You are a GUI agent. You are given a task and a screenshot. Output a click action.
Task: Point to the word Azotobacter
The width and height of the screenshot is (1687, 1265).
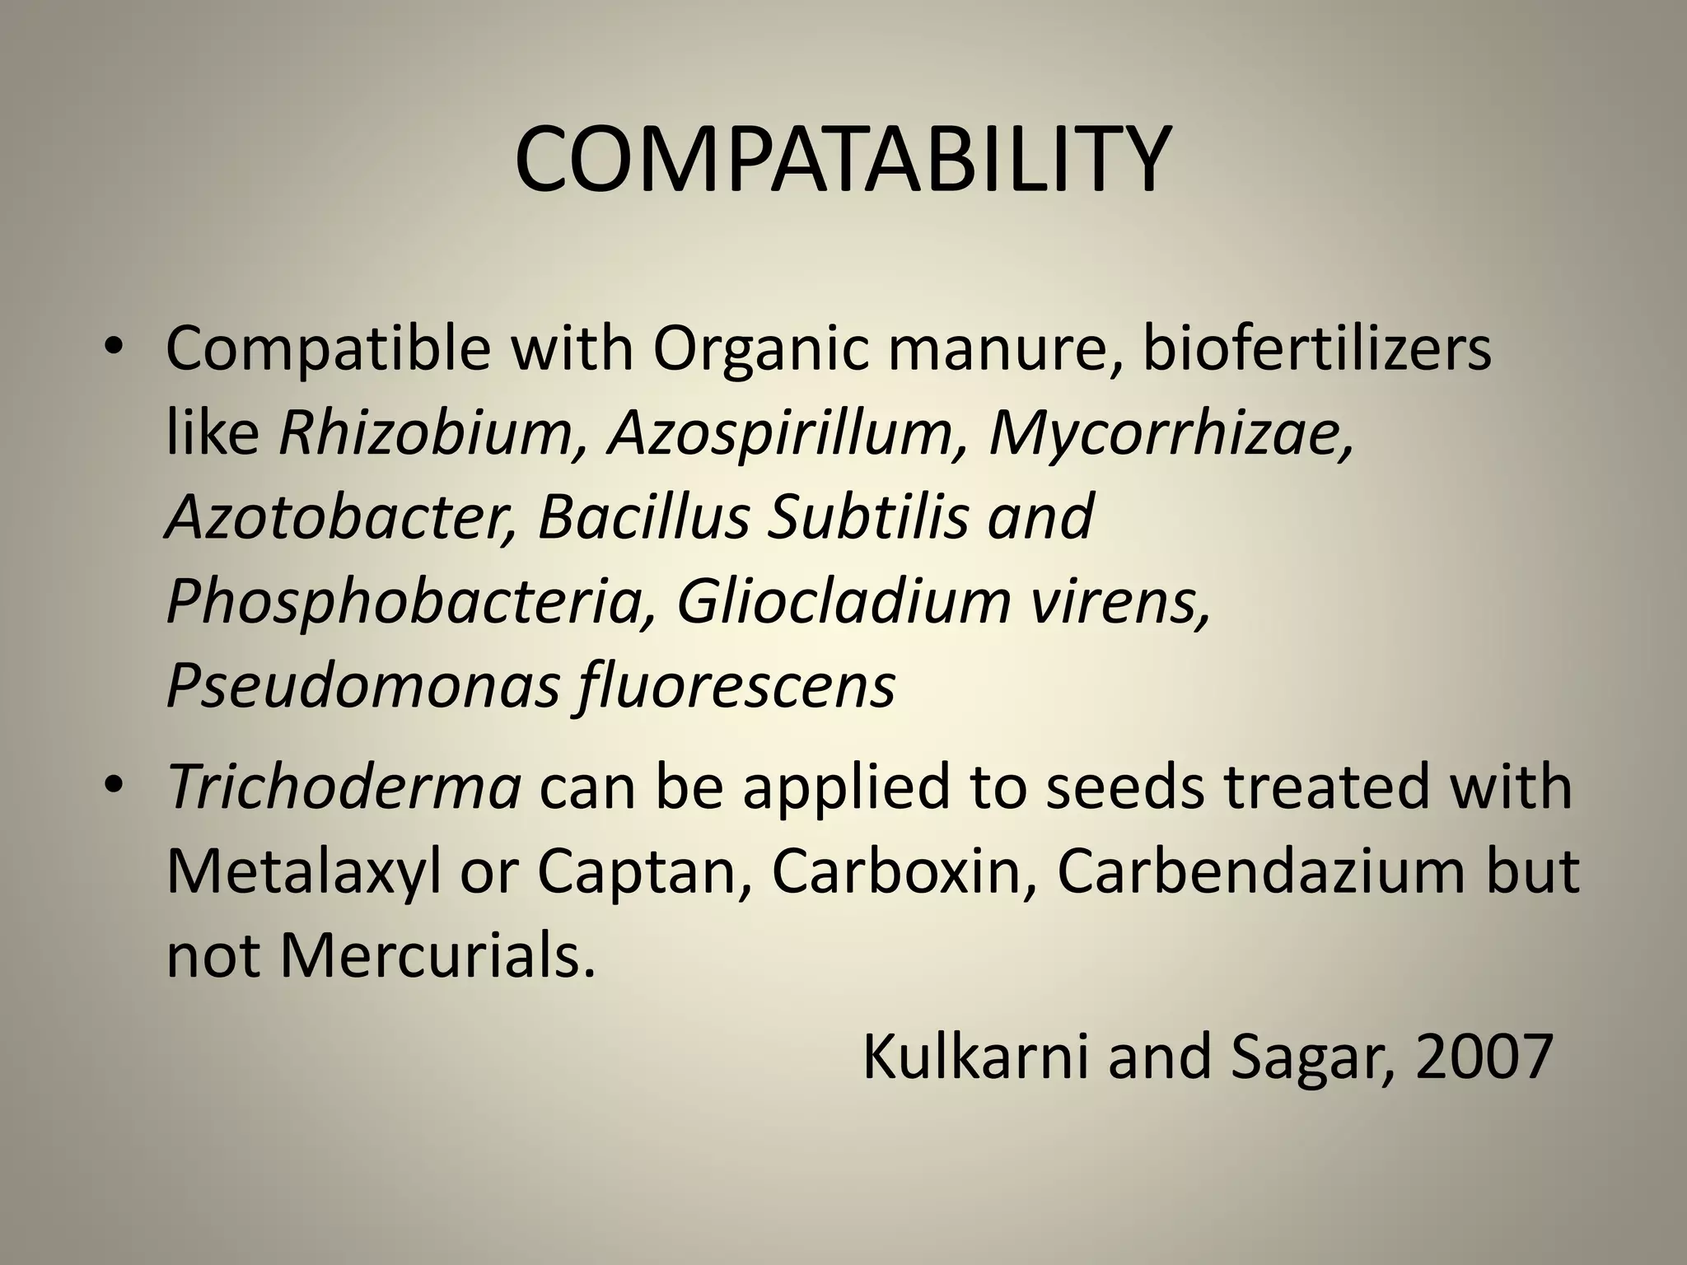[x=340, y=517]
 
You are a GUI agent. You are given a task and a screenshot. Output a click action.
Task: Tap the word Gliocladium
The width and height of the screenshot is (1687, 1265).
[x=843, y=602]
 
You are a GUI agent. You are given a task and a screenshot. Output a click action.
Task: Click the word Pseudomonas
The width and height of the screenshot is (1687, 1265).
[x=363, y=687]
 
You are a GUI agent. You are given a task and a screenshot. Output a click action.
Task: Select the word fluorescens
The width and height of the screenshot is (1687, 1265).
[x=736, y=687]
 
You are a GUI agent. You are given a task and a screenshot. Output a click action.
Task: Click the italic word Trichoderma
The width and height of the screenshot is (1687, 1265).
[x=344, y=786]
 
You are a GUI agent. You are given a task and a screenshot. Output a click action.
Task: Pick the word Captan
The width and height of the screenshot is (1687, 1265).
[x=643, y=872]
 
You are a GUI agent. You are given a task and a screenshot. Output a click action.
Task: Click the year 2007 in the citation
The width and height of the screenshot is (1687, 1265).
[x=1484, y=1057]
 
